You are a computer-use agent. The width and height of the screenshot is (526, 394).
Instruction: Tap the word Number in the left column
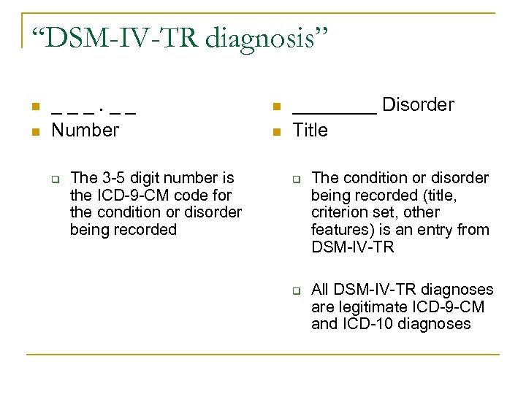pos(85,131)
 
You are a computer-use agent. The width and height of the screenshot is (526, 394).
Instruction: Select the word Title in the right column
pos(310,131)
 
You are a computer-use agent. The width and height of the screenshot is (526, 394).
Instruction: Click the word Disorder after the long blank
pos(418,105)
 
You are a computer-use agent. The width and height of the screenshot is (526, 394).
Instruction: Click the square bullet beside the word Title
pos(275,131)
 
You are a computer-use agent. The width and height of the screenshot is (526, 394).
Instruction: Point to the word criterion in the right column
pos(339,213)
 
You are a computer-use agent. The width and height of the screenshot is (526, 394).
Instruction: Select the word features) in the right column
pos(341,231)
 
